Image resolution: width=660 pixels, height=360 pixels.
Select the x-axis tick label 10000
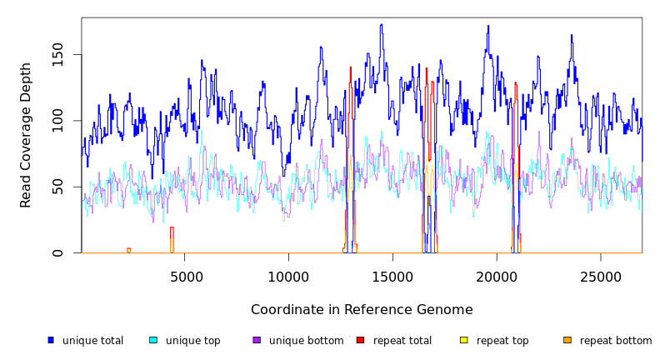coord(289,277)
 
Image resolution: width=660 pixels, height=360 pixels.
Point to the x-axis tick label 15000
coord(393,277)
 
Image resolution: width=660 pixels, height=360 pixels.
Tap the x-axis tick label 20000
coord(497,277)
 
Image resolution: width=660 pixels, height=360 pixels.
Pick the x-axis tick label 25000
coord(601,277)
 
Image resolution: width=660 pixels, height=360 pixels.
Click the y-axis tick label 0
coord(57,252)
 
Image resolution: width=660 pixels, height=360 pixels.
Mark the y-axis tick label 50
coord(57,187)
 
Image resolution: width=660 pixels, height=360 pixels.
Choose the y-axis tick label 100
coord(57,121)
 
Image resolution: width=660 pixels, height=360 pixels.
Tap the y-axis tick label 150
coord(57,55)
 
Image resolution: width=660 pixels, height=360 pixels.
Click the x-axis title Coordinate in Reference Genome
coord(362,310)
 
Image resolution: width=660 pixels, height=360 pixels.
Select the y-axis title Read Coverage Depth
coord(26,135)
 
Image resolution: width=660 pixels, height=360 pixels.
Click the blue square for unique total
coord(51,340)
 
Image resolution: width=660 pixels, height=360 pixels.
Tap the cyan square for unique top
coord(153,340)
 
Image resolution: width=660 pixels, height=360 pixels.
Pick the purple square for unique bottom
coord(257,340)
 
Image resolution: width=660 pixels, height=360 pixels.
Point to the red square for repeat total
coord(360,340)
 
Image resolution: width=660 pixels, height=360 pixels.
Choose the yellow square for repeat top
coord(464,340)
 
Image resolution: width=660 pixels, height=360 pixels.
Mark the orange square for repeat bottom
coord(567,340)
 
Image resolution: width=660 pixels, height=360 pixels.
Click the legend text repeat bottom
coord(616,341)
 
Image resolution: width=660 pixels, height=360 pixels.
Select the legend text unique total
coord(92,341)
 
